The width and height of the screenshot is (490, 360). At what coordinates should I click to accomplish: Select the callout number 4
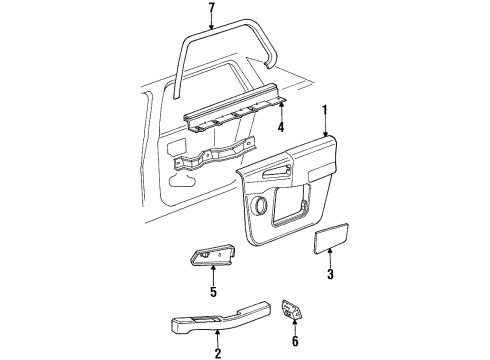(x=282, y=127)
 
